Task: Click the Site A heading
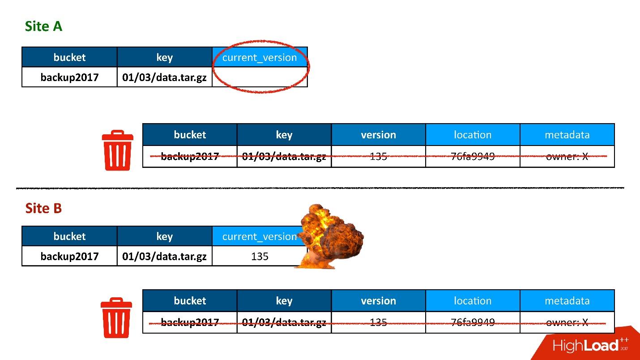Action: (x=43, y=26)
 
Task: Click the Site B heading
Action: (x=43, y=208)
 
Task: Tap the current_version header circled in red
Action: (x=260, y=57)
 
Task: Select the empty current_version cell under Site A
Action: (x=260, y=77)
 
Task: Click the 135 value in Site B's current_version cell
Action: (x=260, y=256)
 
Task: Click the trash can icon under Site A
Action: (x=117, y=150)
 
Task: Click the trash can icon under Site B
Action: (x=116, y=317)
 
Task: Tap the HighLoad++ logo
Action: (x=590, y=345)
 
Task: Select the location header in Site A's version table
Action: (x=473, y=135)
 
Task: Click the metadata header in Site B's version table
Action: (x=567, y=301)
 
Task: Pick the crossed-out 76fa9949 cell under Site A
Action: (x=473, y=156)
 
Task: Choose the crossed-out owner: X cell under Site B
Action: (x=567, y=322)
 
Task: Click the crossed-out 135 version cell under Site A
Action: (x=378, y=156)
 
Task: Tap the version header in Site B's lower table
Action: (x=378, y=301)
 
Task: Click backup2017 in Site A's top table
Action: (x=69, y=77)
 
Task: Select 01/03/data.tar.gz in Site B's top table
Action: (x=164, y=256)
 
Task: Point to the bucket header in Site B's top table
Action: (x=69, y=236)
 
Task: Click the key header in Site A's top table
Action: (x=165, y=57)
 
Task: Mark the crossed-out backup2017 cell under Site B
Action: (x=190, y=322)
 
